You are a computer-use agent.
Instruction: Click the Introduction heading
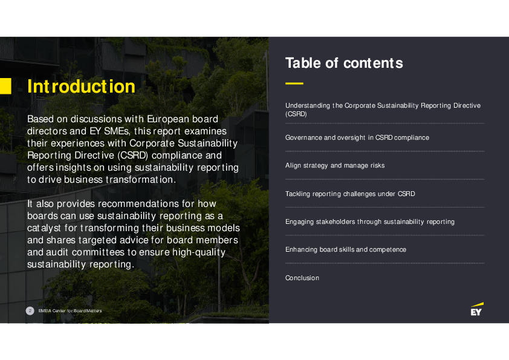(81, 87)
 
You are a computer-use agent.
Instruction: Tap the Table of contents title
(343, 63)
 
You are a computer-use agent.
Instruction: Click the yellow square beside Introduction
(5, 86)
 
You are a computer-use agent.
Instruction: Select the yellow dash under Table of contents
(294, 83)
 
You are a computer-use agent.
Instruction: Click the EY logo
(477, 309)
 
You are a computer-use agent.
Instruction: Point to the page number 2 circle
(30, 310)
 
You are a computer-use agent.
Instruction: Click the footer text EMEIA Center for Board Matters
(70, 311)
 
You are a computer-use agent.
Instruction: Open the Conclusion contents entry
(302, 278)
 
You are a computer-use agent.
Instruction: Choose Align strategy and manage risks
(335, 165)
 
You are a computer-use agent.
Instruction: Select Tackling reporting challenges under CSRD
(350, 194)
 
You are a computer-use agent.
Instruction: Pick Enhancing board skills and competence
(346, 249)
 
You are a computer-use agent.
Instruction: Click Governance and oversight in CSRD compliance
(357, 137)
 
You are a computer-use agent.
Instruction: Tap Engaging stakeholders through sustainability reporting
(370, 221)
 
